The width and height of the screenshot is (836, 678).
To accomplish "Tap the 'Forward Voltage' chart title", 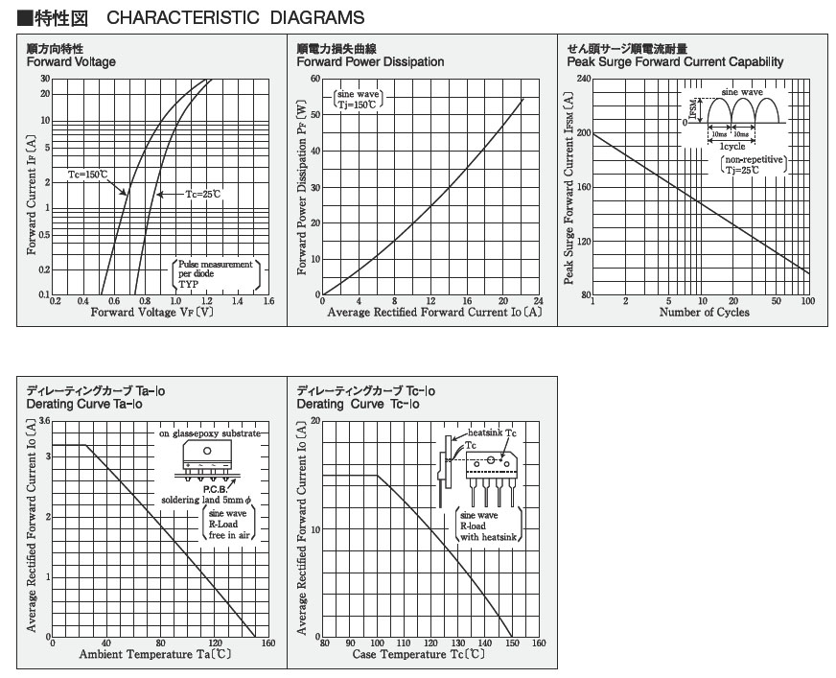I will point(71,62).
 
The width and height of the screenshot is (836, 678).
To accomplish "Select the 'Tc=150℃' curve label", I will point(88,175).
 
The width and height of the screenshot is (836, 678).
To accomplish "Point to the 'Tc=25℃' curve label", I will point(203,195).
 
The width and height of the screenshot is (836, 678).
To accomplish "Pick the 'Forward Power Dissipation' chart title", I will point(370,62).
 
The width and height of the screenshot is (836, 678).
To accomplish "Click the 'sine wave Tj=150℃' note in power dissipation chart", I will point(358,99).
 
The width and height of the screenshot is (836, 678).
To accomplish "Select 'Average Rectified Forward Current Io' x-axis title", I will point(434,313).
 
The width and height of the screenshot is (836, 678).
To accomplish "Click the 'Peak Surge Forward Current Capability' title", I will point(675,62).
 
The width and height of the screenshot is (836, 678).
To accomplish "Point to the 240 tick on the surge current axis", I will point(583,78).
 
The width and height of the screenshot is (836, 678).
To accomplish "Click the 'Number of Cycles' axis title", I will point(704,313).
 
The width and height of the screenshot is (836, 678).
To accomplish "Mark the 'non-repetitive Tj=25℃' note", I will point(755,164).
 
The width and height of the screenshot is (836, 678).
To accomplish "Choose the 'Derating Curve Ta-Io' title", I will point(84,405).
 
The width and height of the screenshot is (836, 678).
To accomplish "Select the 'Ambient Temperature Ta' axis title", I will point(155,654).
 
